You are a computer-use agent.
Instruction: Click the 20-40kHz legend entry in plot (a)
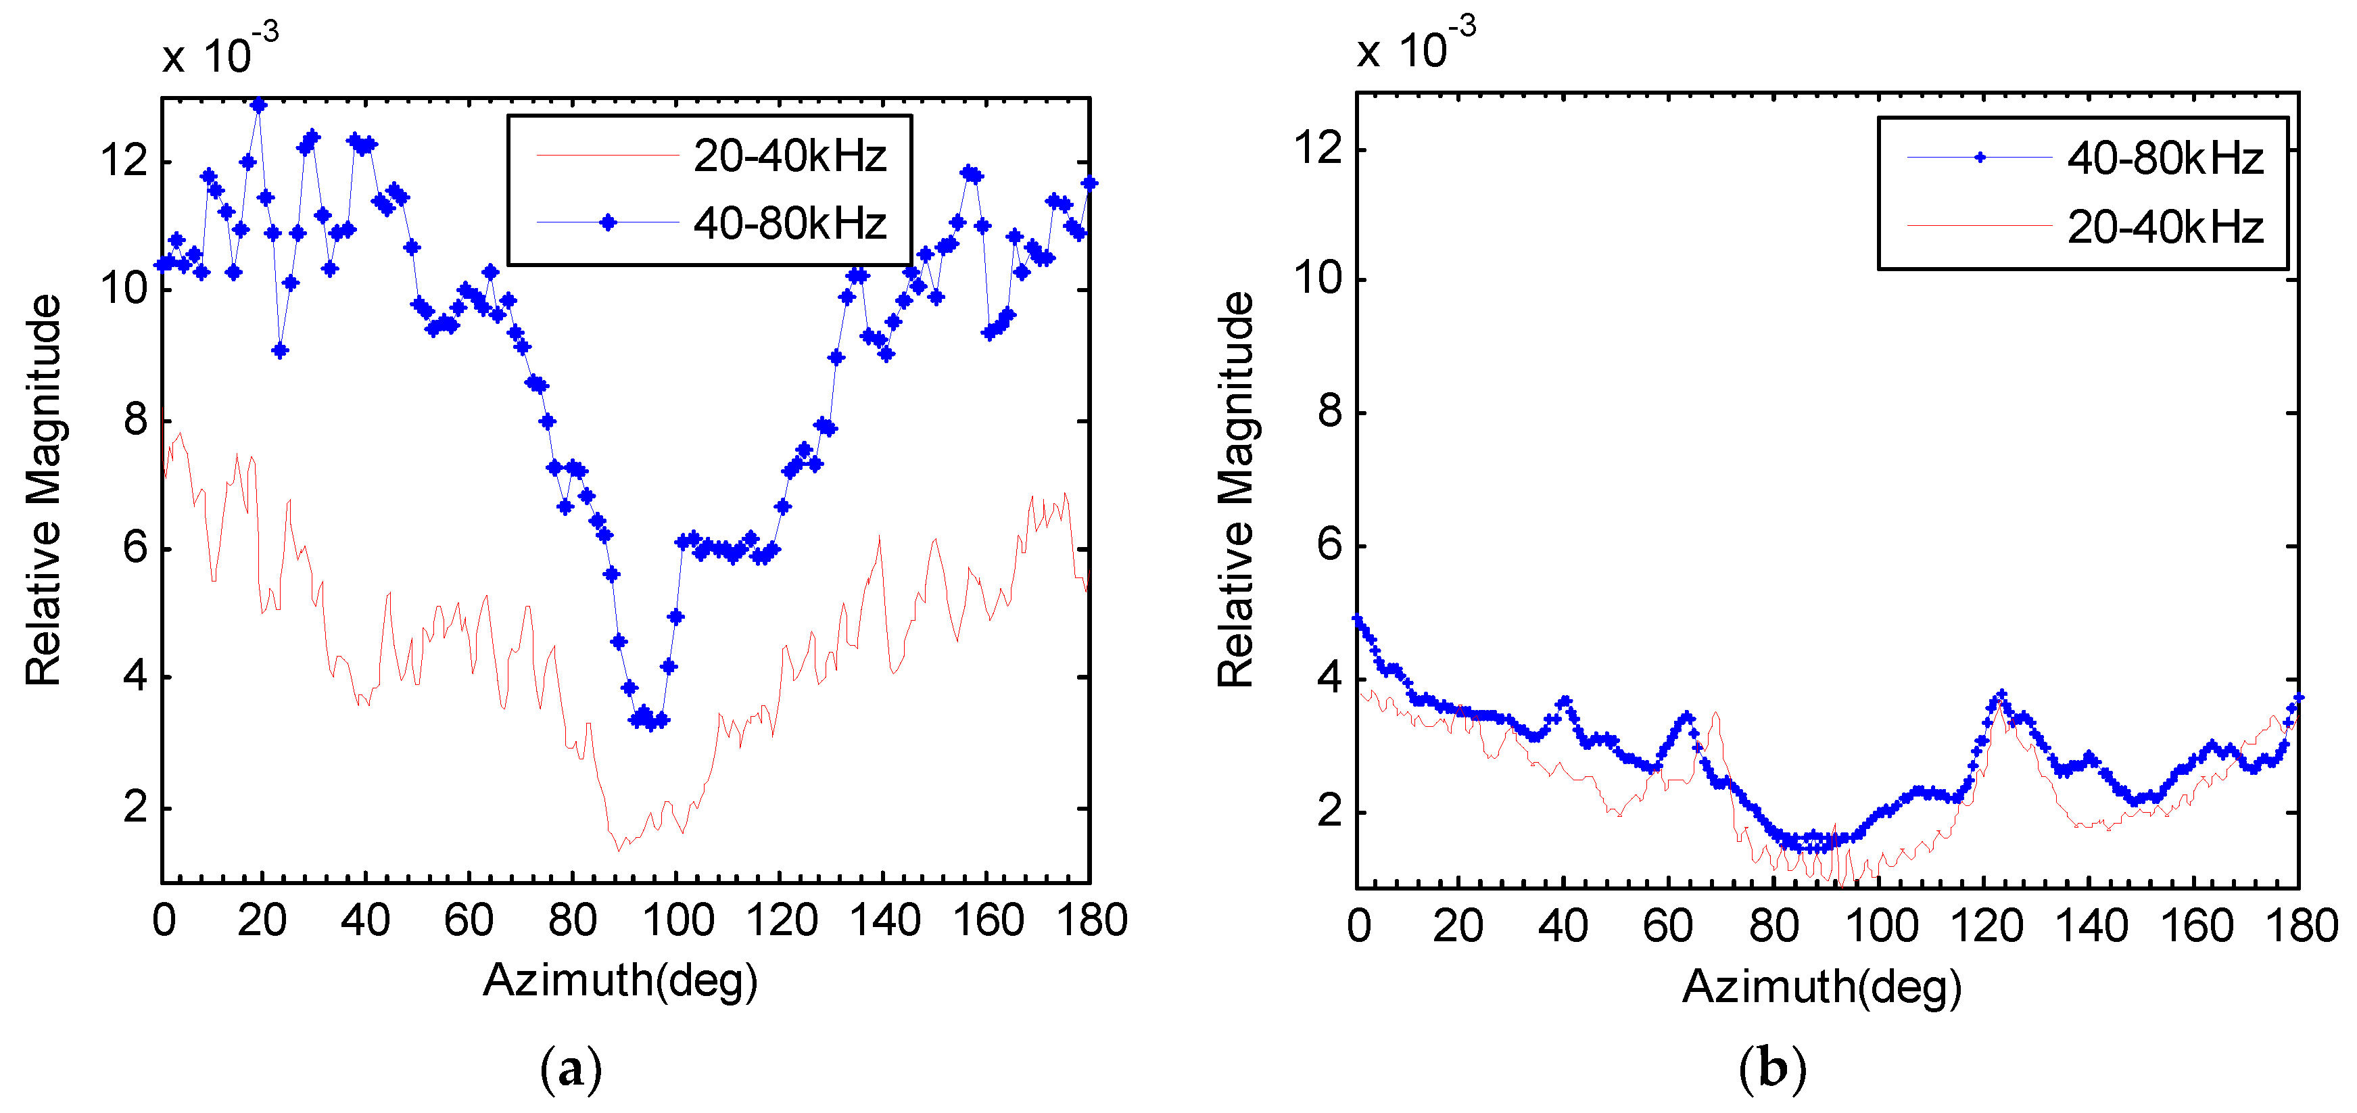click(789, 156)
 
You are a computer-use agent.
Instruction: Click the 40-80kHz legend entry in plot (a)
click(789, 223)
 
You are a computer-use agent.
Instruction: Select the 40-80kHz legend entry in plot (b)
click(2164, 160)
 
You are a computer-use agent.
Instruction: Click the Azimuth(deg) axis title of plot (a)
click(621, 981)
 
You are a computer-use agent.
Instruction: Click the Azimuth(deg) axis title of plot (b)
click(1821, 987)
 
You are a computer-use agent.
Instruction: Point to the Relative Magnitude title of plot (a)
click(43, 490)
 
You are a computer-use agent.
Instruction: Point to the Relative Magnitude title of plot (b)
click(1235, 490)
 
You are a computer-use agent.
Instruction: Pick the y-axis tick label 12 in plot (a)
click(124, 161)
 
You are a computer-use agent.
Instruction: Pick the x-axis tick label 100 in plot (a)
click(677, 920)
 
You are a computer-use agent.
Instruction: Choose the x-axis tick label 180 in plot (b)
click(2301, 926)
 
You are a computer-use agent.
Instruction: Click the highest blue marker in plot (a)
click(259, 105)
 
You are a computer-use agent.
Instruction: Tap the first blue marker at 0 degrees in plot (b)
click(1358, 619)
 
